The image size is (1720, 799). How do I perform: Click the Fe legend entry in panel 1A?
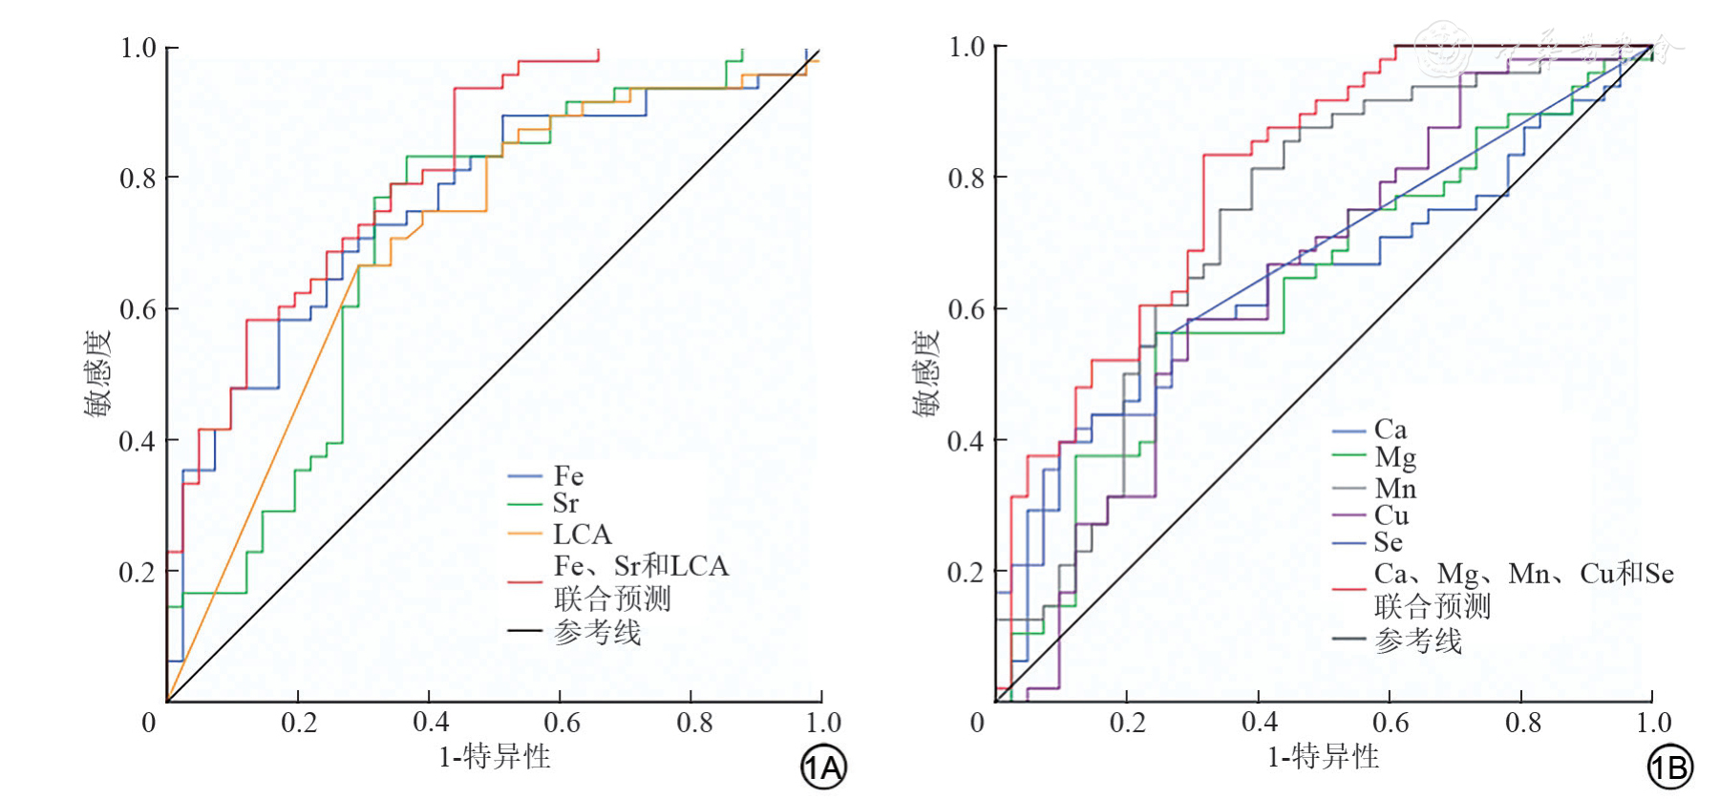pyautogui.click(x=567, y=475)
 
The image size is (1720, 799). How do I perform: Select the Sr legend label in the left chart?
pyautogui.click(x=565, y=503)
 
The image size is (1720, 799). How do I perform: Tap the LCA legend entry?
pyautogui.click(x=581, y=534)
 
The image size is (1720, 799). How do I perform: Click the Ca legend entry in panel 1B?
pyautogui.click(x=1390, y=430)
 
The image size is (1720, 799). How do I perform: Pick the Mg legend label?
pyautogui.click(x=1394, y=458)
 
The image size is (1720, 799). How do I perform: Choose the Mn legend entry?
pyautogui.click(x=1394, y=489)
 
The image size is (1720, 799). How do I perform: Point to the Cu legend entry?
pyautogui.click(x=1391, y=515)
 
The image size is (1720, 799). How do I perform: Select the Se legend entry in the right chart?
pyautogui.click(x=1388, y=543)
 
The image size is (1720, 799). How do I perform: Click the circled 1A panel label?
pyautogui.click(x=822, y=767)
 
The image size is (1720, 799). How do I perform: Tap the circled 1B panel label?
pyautogui.click(x=1669, y=767)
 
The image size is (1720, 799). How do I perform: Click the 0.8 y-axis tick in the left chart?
pyautogui.click(x=137, y=179)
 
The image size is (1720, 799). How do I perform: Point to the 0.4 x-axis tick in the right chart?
pyautogui.click(x=1259, y=723)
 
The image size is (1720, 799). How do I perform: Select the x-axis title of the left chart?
pyautogui.click(x=494, y=757)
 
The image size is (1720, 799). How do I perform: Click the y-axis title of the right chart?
pyautogui.click(x=925, y=373)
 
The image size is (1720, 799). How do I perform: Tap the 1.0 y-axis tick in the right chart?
pyautogui.click(x=966, y=47)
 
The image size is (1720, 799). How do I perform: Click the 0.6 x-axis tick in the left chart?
pyautogui.click(x=561, y=723)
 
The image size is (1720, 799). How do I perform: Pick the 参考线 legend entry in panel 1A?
pyautogui.click(x=597, y=632)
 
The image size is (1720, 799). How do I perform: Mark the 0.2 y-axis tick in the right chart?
pyautogui.click(x=966, y=572)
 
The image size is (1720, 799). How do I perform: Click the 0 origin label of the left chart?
pyautogui.click(x=149, y=723)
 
